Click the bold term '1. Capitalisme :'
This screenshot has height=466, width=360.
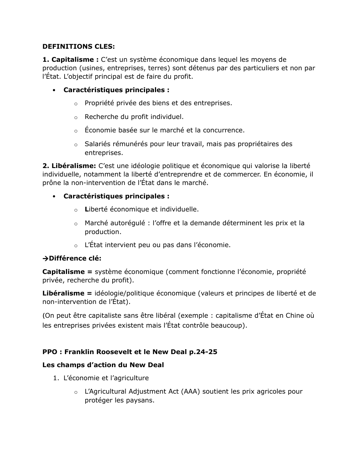click(x=70, y=59)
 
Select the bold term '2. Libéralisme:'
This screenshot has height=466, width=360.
click(x=69, y=166)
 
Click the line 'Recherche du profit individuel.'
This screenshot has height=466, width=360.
click(x=134, y=116)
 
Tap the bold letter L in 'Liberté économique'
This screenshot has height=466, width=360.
click(x=86, y=209)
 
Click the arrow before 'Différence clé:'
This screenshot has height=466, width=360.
click(x=45, y=258)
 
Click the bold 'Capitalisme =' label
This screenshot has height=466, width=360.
click(x=67, y=271)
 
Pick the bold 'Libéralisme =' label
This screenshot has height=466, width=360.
click(x=67, y=293)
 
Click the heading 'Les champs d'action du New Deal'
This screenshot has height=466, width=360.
click(x=103, y=365)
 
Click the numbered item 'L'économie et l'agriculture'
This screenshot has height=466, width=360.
click(x=106, y=378)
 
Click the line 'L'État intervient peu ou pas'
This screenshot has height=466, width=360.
click(x=157, y=245)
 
